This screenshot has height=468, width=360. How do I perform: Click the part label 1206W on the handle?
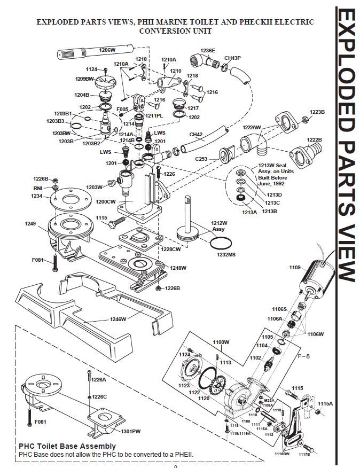pos(107,50)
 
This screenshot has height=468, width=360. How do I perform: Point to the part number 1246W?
pos(118,319)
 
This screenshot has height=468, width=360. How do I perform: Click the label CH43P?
pos(232,58)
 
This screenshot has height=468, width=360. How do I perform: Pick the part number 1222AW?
pos(252,128)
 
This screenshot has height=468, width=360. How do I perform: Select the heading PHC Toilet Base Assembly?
pos(67,446)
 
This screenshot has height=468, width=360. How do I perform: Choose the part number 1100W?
pos(221,342)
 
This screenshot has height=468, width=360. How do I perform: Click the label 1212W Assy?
pos(219,225)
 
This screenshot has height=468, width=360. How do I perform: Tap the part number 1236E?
pos(208,51)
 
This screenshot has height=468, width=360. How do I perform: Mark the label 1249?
pos(30,223)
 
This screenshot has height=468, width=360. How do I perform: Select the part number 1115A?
pos(325,404)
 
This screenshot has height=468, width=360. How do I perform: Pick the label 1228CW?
pos(171,249)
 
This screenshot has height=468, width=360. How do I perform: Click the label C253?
pos(201,159)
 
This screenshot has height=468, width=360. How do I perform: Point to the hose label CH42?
pos(197,135)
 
